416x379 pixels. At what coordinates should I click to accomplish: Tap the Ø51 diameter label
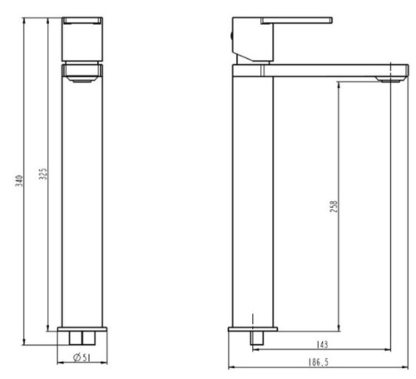coord(83,357)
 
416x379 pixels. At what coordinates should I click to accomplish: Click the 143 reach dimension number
coord(323,344)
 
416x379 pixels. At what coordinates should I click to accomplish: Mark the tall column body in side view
coord(252,199)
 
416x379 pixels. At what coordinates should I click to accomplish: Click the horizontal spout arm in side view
coord(333,71)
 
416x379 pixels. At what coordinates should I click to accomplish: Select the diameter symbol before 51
coord(77,357)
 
